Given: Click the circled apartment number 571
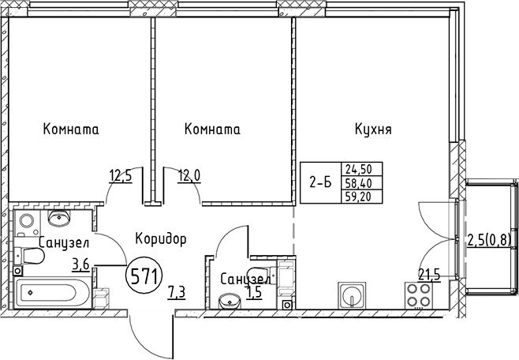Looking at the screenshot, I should point(144,276).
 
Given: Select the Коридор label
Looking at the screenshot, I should point(160,238).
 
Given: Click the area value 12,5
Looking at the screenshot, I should point(120,175).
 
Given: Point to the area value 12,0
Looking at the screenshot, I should point(190,175).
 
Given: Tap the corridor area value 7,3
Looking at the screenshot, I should point(177,294).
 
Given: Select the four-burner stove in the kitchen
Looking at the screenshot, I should point(419,297).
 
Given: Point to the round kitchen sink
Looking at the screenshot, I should point(352,298).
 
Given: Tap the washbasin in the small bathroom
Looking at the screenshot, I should point(230,300).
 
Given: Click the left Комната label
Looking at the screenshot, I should point(72,129).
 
